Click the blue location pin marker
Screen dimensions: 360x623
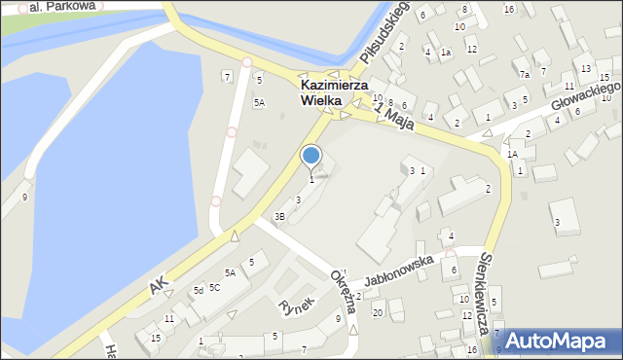click(311, 157)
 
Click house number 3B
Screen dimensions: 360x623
click(279, 216)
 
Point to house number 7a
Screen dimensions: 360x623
click(524, 75)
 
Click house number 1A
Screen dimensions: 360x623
click(512, 154)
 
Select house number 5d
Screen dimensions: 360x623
click(198, 291)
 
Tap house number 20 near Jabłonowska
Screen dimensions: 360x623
click(377, 312)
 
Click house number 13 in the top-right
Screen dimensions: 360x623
click(585, 69)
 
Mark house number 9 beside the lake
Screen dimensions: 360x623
click(24, 198)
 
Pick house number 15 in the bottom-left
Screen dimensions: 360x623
click(155, 338)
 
